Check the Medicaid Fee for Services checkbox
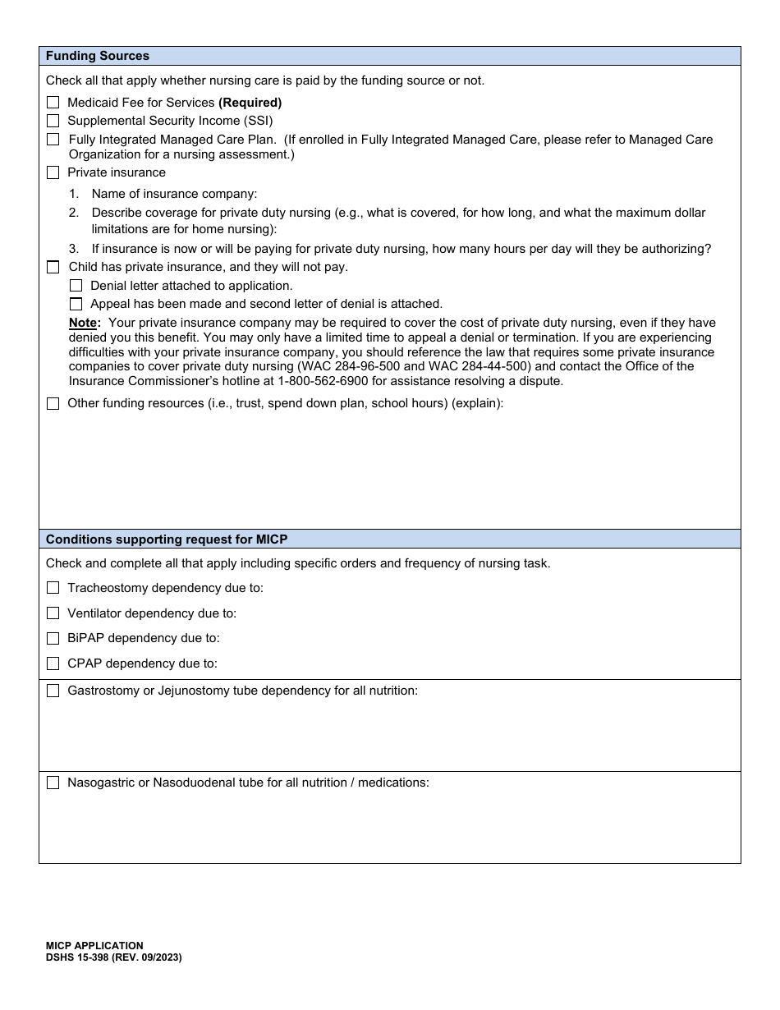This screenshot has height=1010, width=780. coord(53,103)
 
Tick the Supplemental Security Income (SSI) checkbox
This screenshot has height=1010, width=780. coord(53,121)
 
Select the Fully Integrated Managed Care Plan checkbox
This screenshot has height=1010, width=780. coord(53,140)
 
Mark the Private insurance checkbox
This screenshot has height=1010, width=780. coord(53,172)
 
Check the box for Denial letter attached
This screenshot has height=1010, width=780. coord(76,286)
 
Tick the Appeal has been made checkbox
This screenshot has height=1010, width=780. coord(76,304)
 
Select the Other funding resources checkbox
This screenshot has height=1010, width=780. coord(53,403)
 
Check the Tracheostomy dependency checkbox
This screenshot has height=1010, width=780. coord(53,588)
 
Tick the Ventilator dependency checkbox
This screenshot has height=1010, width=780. coord(53,613)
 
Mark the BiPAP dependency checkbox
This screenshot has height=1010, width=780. coord(53,638)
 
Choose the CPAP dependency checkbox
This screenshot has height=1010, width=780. coord(53,663)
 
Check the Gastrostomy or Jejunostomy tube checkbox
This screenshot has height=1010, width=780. coord(53,691)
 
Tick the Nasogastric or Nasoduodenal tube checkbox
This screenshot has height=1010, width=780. coord(53,783)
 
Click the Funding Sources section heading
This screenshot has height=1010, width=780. coord(98,56)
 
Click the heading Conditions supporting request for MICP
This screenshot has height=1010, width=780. coord(167,539)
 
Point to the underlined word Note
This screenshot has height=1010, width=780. coord(82,323)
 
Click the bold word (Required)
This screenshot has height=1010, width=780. coord(250,103)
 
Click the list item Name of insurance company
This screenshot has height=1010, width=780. coord(174,194)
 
